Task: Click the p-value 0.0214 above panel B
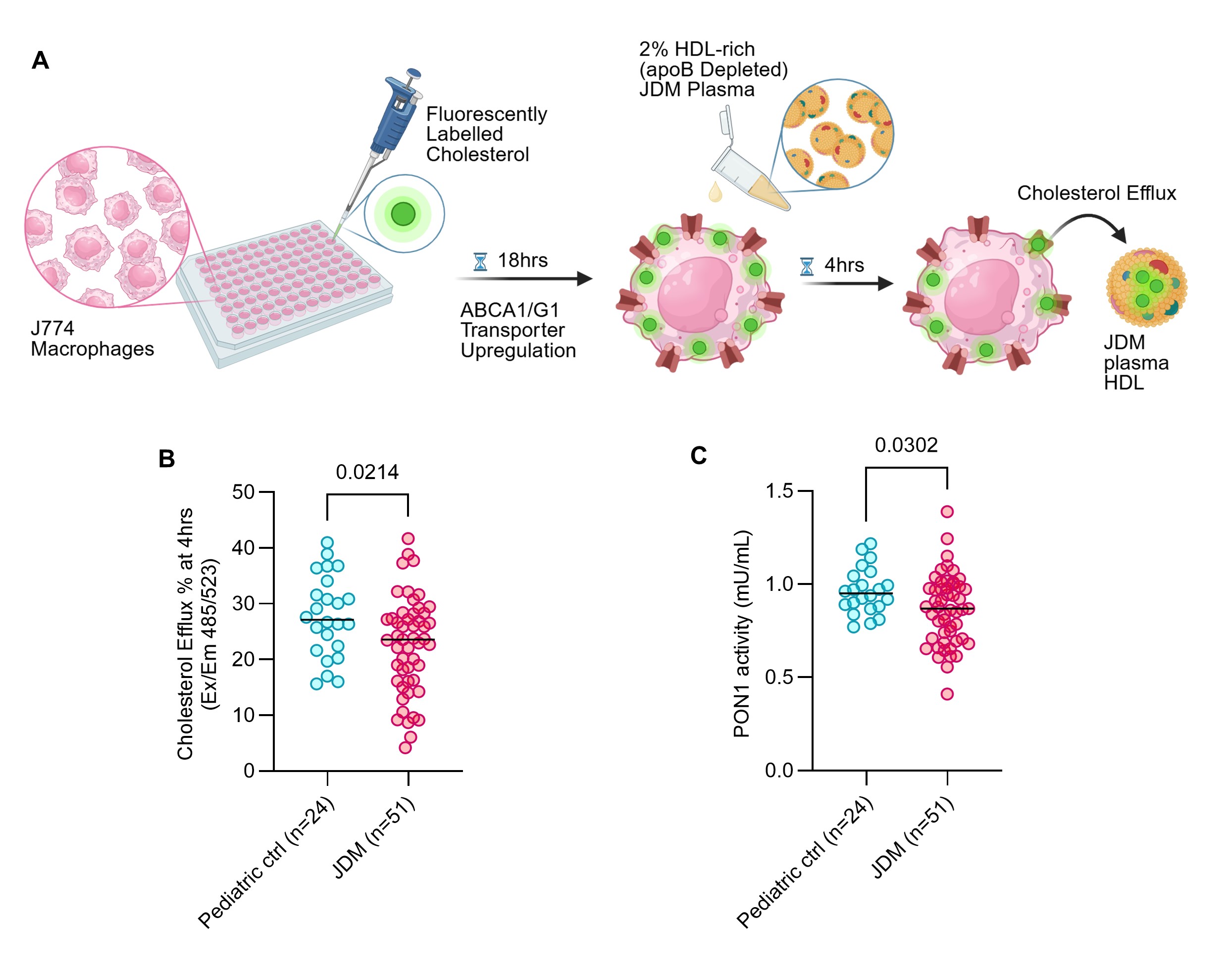coord(367,472)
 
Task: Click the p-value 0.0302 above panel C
coord(906,445)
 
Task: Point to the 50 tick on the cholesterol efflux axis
coord(244,491)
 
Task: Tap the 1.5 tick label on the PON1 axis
coord(779,490)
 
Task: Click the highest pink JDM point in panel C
coord(947,511)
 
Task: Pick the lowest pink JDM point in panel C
coord(947,693)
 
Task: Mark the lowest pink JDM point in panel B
coord(406,747)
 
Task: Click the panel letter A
coord(40,61)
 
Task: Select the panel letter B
coord(166,459)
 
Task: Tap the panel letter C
coord(698,456)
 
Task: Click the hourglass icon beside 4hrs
coord(806,266)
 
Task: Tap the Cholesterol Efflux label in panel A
coord(1096,193)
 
